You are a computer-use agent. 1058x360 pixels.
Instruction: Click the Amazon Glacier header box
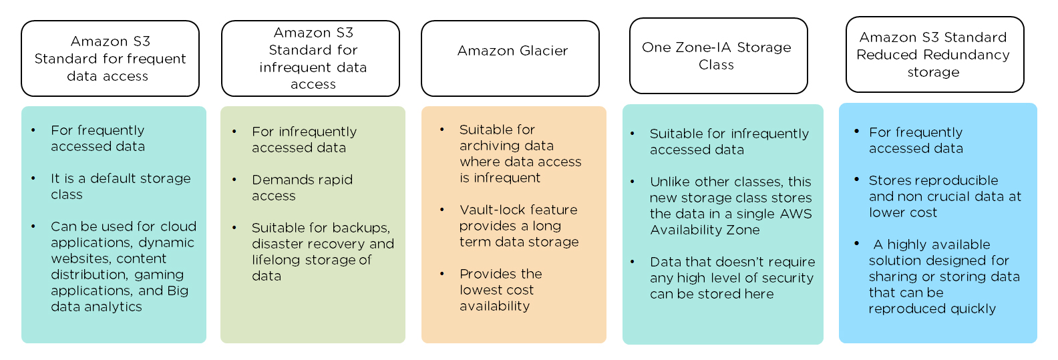point(510,58)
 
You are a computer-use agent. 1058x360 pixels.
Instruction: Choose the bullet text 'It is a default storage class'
point(120,186)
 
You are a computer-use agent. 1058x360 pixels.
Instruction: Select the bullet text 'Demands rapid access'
point(302,188)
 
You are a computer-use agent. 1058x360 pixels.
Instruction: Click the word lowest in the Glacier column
point(481,290)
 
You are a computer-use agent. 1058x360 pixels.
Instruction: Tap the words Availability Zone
point(705,230)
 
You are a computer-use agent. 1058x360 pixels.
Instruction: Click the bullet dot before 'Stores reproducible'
point(857,180)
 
